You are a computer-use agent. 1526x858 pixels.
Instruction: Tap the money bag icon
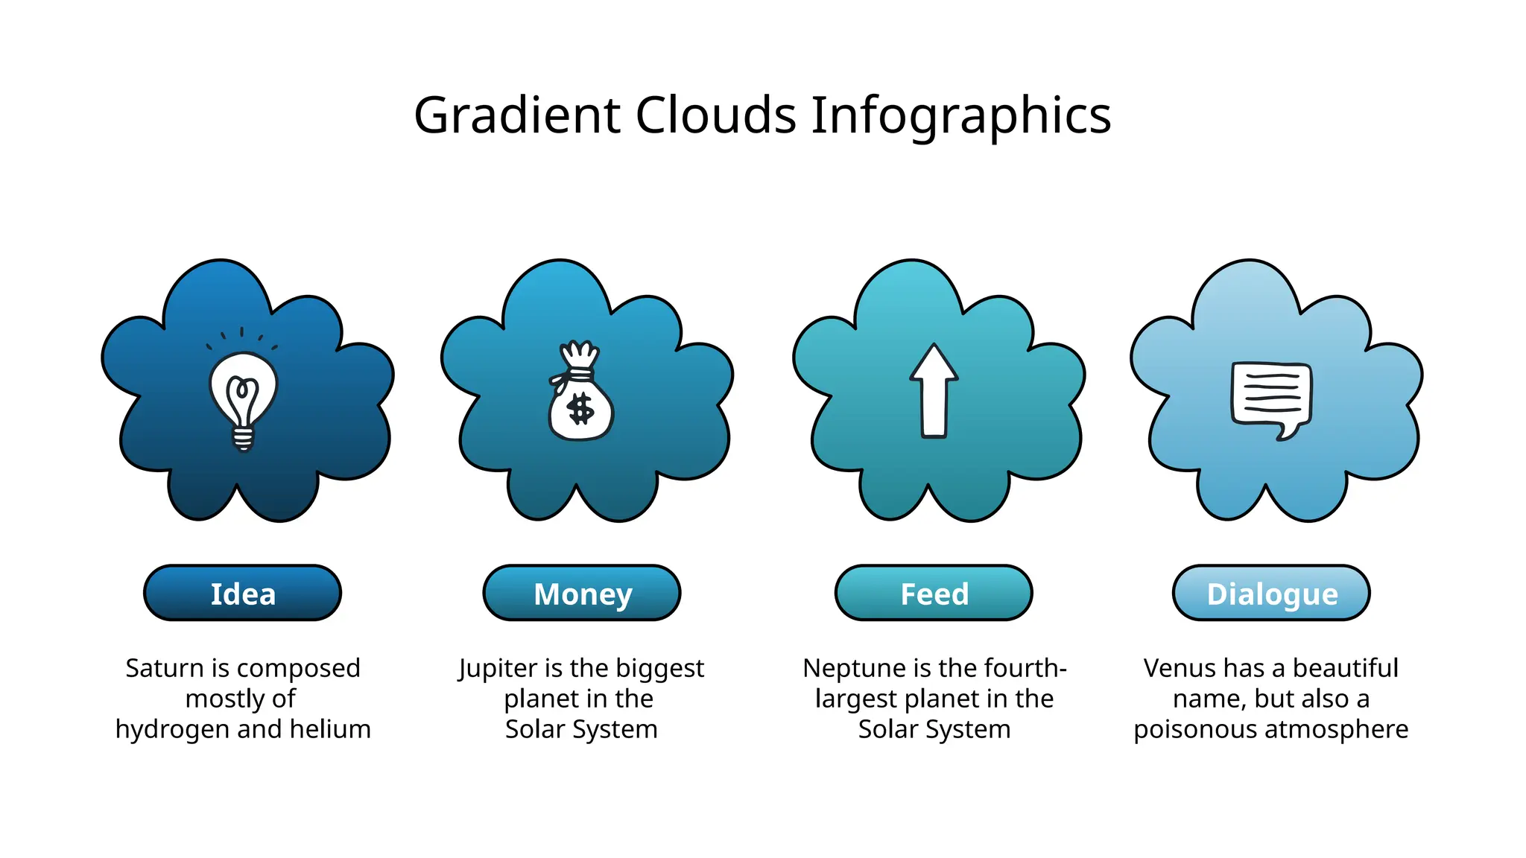pyautogui.click(x=580, y=395)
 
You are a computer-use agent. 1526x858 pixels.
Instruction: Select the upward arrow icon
pyautogui.click(x=934, y=391)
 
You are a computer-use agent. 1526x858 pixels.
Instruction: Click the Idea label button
pyautogui.click(x=243, y=594)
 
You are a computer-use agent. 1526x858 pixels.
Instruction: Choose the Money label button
pyautogui.click(x=582, y=594)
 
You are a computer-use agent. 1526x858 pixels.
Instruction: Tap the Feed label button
pyautogui.click(x=934, y=594)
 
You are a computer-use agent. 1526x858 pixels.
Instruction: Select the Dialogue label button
pyautogui.click(x=1271, y=594)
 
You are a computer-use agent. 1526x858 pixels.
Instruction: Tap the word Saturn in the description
pyautogui.click(x=164, y=668)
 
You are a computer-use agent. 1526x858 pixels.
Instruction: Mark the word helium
pyautogui.click(x=330, y=729)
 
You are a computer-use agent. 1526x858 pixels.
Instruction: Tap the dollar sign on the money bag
pyautogui.click(x=580, y=409)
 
